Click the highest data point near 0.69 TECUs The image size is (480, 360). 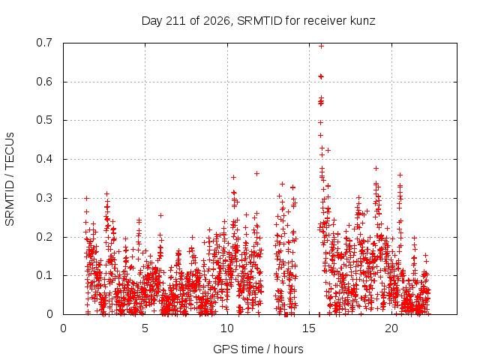pos(321,46)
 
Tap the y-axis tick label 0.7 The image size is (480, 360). pos(44,43)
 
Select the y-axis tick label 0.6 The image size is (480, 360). pos(44,82)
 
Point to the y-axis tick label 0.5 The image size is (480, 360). pos(44,120)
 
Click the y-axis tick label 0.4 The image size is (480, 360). pos(44,159)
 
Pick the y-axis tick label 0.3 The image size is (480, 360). pos(44,198)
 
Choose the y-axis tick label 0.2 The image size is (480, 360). pos(44,237)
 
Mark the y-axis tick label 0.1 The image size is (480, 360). pos(44,275)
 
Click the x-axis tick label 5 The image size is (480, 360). pos(145,328)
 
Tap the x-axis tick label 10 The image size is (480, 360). pos(227,328)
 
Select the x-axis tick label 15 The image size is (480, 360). pos(309,328)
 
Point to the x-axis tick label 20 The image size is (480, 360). pos(391,328)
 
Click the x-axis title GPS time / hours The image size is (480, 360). pos(258,349)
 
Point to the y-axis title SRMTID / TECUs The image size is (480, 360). pos(10,179)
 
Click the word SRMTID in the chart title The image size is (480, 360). pos(259,21)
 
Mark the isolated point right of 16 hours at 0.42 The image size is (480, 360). pos(328,150)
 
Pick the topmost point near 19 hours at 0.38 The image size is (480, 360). pos(376,168)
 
